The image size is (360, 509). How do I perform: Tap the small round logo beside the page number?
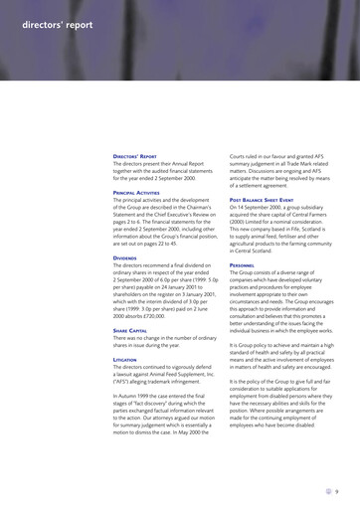pyautogui.click(x=325, y=489)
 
